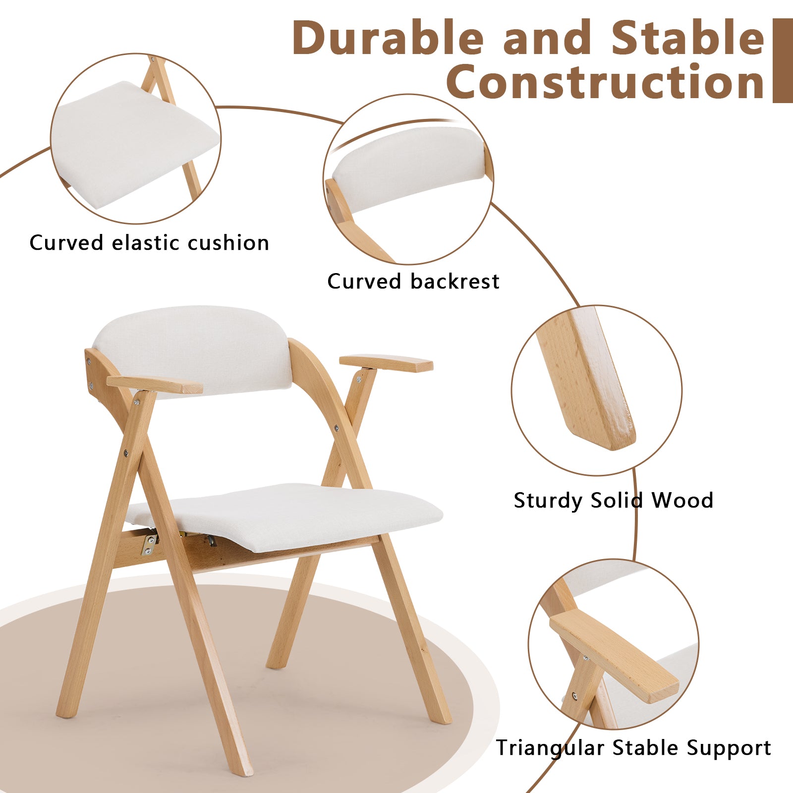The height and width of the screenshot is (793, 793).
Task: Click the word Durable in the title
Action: pyautogui.click(x=388, y=38)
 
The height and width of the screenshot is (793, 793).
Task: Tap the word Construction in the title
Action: pyautogui.click(x=606, y=82)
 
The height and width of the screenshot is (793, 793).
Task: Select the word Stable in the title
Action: pyautogui.click(x=688, y=38)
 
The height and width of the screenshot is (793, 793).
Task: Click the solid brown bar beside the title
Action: pyautogui.click(x=783, y=60)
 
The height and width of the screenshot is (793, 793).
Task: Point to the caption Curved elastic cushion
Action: pyautogui.click(x=149, y=243)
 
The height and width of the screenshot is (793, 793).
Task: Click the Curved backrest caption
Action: pyautogui.click(x=413, y=282)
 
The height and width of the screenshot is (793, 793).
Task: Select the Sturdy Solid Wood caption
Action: pyautogui.click(x=613, y=501)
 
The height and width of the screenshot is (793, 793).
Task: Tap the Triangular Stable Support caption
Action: pyautogui.click(x=633, y=748)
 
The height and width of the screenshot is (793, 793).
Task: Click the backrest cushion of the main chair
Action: pyautogui.click(x=192, y=351)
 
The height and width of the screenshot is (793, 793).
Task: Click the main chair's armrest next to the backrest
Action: pyautogui.click(x=155, y=385)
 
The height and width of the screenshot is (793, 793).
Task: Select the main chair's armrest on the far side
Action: pyautogui.click(x=386, y=363)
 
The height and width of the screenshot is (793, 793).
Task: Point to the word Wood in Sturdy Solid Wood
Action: pyautogui.click(x=682, y=500)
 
